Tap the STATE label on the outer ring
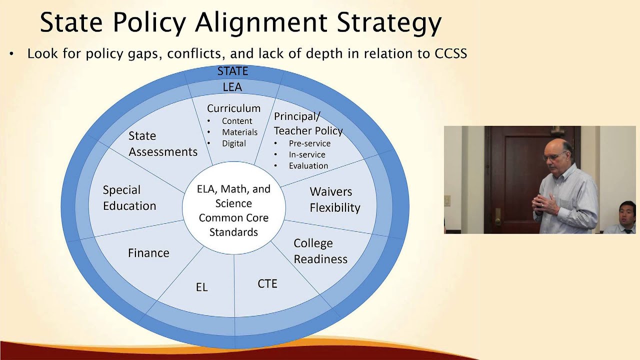tap(232, 71)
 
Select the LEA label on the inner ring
tap(232, 87)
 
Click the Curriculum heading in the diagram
tap(233, 108)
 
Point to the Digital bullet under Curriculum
tap(234, 143)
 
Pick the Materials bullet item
tap(239, 132)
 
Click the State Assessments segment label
tap(162, 144)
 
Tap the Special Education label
tap(129, 198)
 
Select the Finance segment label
tap(148, 253)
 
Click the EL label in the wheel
tap(201, 287)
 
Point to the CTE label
tap(267, 284)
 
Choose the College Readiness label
tap(320, 251)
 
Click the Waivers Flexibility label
tap(334, 199)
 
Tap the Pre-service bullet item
tap(309, 143)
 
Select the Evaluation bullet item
tap(308, 165)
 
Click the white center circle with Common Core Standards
tap(233, 210)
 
